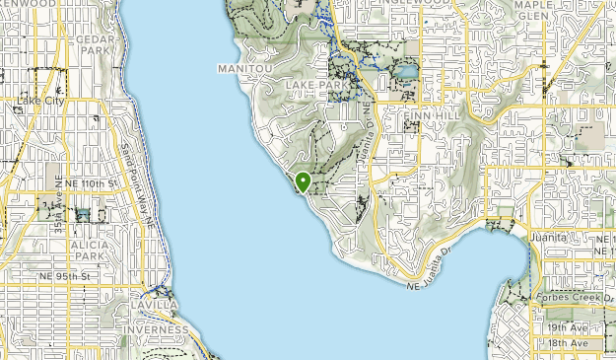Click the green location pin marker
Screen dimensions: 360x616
303,182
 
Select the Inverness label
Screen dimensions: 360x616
155,329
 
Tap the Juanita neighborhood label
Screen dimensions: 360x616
548,238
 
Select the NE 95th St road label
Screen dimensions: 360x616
65,276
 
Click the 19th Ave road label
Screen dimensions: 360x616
569,327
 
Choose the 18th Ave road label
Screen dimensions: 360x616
569,343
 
